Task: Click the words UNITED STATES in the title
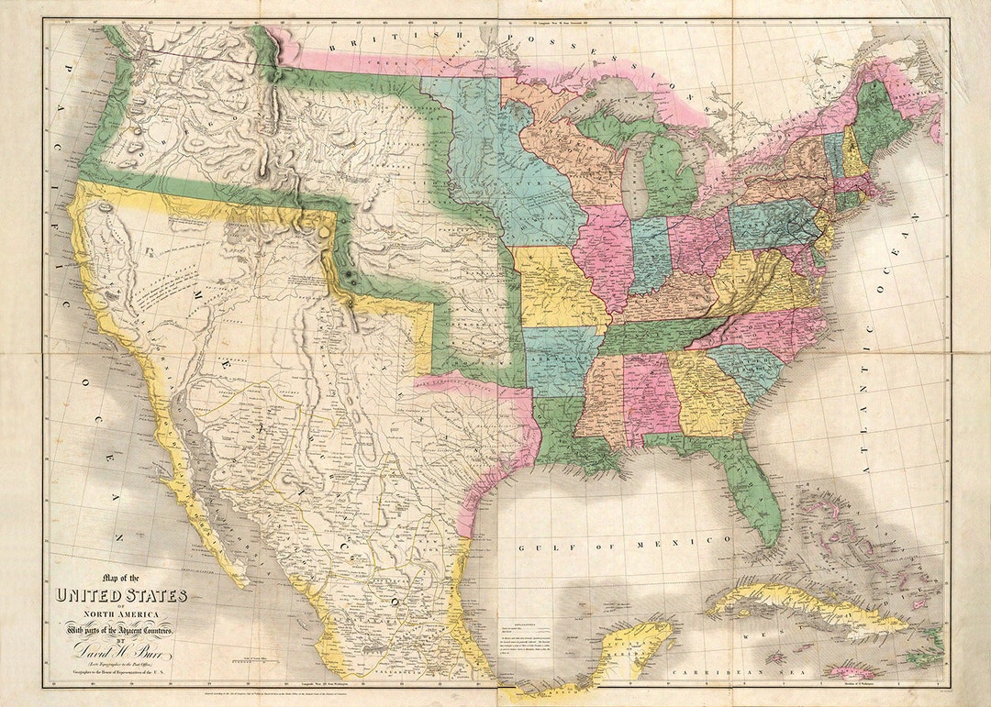tap(122, 596)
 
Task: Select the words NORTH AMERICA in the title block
tap(121, 614)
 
